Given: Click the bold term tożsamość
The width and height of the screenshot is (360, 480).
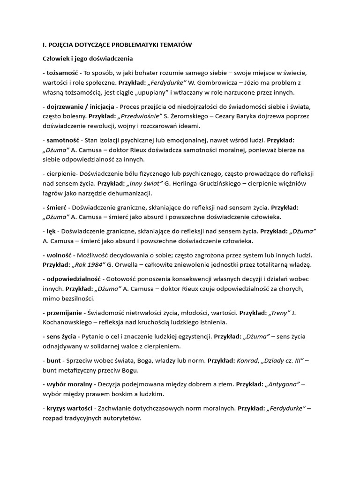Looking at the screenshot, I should click(63, 74).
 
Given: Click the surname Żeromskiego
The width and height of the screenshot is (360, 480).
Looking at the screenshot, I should click(195, 116).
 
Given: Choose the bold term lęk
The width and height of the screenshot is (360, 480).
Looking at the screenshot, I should click(52, 231).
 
